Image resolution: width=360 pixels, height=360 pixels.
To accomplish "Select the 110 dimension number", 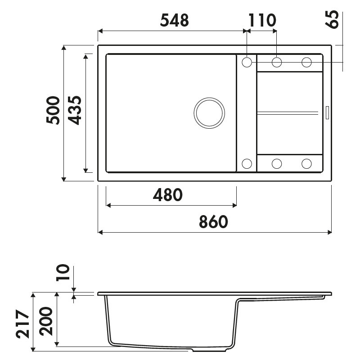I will coord(261,20).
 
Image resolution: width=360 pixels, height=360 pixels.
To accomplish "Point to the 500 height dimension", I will coord(53,111).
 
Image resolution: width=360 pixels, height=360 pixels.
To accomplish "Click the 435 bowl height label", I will coord(74,111).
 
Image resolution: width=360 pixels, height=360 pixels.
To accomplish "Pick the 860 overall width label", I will coord(213,222).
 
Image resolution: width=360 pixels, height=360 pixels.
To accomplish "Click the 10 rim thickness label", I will coord(63,273).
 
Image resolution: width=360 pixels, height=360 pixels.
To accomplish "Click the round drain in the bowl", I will coord(209,112).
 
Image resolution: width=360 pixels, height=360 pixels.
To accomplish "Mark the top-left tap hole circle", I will coord(247,62).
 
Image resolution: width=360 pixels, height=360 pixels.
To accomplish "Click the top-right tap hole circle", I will coord(307,62).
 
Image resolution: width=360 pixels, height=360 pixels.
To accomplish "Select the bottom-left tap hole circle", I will coord(247,163).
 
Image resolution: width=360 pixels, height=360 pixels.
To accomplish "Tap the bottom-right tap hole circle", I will coord(307,163).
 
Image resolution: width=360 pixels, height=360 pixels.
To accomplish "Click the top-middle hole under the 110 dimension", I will coord(277,62).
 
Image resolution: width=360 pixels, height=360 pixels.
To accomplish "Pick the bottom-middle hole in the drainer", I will coord(277,163).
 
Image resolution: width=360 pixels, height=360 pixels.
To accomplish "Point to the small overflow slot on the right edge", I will coord(327,112).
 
